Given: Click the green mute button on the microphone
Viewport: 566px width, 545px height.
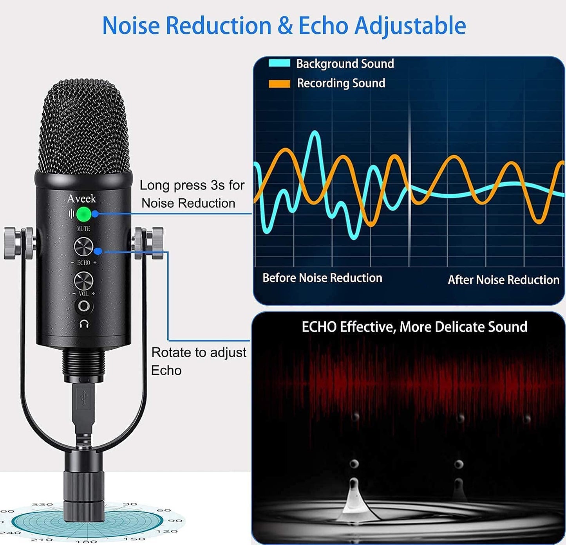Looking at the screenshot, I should (x=84, y=214).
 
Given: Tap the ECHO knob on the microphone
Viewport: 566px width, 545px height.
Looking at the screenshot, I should (x=84, y=246).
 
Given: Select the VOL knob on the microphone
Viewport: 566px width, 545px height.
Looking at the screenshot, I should (x=84, y=280).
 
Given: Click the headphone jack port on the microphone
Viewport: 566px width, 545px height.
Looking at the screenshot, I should (x=84, y=306).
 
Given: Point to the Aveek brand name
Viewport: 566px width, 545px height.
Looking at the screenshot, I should (x=81, y=198).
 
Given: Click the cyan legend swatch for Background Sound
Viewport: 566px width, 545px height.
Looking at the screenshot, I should (x=279, y=63).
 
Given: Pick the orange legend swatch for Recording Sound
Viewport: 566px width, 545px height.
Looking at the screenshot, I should (x=279, y=83).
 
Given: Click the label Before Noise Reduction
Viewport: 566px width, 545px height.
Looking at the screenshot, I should (x=322, y=278).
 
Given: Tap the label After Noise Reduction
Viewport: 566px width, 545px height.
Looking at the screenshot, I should (x=503, y=280).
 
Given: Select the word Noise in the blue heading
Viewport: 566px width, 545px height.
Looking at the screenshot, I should (x=131, y=26).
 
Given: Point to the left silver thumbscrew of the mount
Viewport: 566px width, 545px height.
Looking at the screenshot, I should (x=12, y=243).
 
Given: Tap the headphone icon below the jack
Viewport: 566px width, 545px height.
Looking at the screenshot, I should (x=84, y=324).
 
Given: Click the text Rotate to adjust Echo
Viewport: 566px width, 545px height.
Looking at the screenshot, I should (x=199, y=361).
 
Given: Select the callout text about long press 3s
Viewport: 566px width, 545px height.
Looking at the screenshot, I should (x=192, y=194).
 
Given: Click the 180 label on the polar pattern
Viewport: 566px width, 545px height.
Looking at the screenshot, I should (x=87, y=541).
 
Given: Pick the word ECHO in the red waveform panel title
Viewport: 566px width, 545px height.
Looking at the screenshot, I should (x=318, y=327).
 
